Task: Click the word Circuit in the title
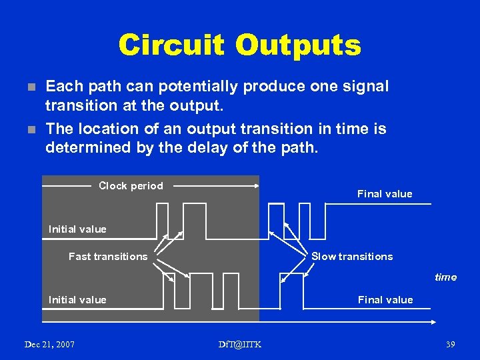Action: [171, 45]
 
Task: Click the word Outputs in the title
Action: [297, 45]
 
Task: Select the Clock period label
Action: [131, 186]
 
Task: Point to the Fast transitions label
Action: [108, 257]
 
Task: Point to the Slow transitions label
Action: [352, 257]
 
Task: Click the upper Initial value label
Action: [77, 229]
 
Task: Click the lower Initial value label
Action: [77, 300]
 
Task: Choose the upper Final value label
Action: [385, 194]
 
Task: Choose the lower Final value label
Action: [385, 300]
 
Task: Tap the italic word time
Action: [445, 277]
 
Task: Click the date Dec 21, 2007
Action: [49, 344]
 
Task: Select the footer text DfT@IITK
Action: [240, 344]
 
